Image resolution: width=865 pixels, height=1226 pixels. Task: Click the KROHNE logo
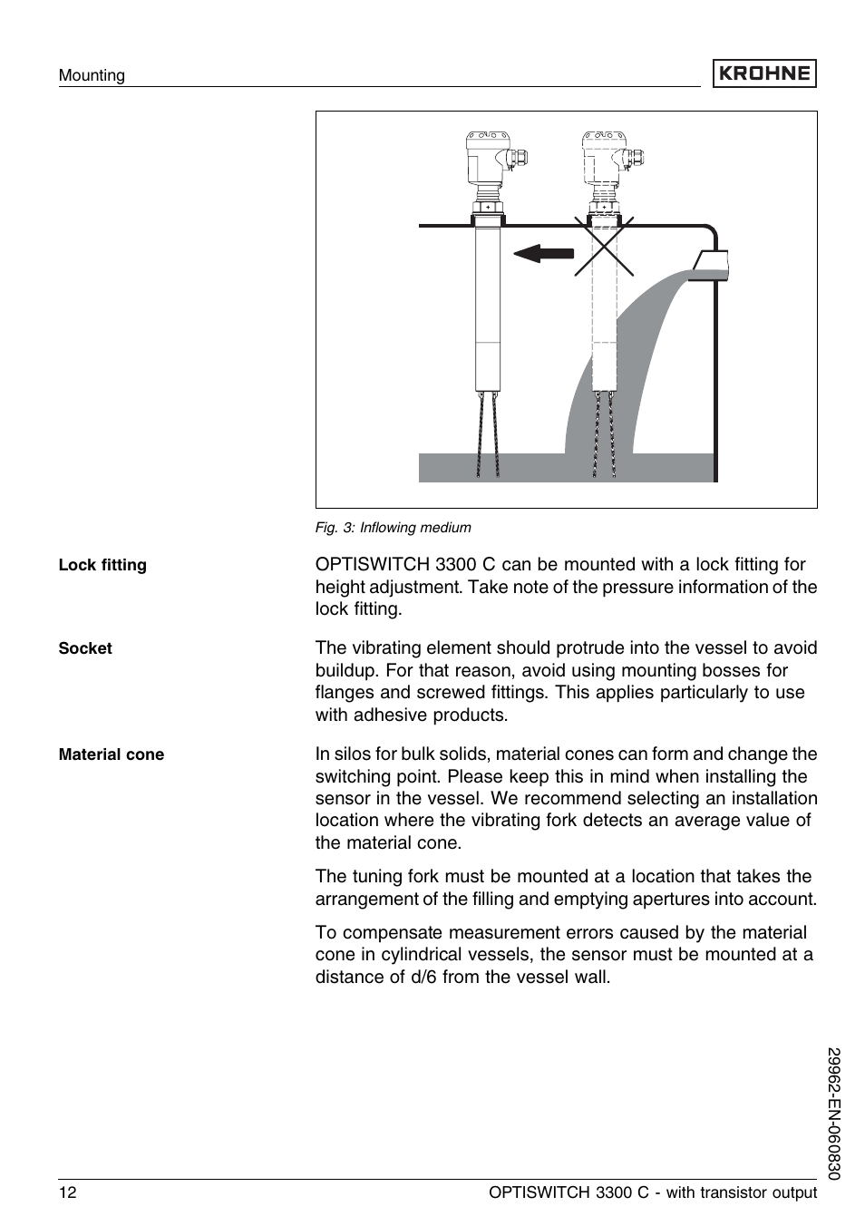tap(763, 73)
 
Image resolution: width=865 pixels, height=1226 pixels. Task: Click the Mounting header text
tap(92, 75)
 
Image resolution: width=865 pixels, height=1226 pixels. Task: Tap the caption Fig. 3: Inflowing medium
tap(393, 528)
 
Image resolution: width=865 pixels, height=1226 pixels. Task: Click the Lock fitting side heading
tap(102, 565)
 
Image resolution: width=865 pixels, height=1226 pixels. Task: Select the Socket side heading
tap(85, 648)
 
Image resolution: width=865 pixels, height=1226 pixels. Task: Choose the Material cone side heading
tap(112, 754)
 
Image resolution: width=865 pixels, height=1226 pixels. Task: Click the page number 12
tap(68, 1192)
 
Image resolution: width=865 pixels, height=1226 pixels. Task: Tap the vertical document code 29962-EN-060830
tap(835, 1114)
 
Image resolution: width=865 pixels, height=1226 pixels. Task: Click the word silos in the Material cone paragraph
tap(355, 754)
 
